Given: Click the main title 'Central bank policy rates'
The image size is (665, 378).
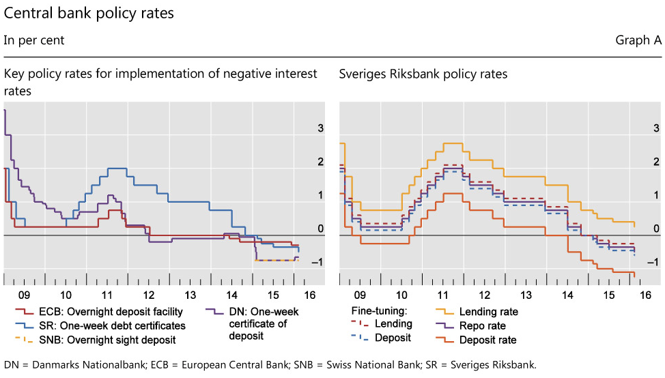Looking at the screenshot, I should [89, 13].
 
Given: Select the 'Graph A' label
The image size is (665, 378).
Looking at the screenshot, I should [638, 40].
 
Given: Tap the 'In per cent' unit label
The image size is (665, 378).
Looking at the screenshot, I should [34, 40].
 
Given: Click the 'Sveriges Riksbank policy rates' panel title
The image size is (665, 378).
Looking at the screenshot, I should [423, 74].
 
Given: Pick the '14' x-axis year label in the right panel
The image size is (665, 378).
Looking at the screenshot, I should [568, 295].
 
